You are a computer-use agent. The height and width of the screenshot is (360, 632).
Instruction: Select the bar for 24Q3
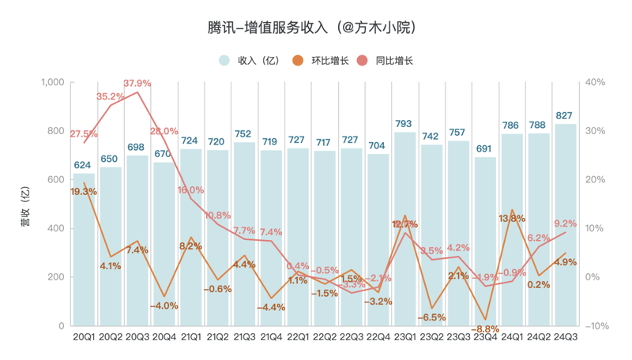(x=565, y=225)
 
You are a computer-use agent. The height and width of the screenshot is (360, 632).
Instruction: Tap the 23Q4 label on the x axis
(x=484, y=337)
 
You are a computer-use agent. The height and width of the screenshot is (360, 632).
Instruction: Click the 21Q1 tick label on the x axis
(x=191, y=337)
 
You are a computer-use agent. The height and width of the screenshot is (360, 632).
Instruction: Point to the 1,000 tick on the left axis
(x=51, y=82)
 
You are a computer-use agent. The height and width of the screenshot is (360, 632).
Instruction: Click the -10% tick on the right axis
(x=597, y=326)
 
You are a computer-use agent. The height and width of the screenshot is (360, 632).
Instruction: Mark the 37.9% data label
(x=137, y=83)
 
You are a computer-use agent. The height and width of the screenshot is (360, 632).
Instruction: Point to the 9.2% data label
(x=564, y=223)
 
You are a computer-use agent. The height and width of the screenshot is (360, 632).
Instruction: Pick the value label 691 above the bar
(x=484, y=148)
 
